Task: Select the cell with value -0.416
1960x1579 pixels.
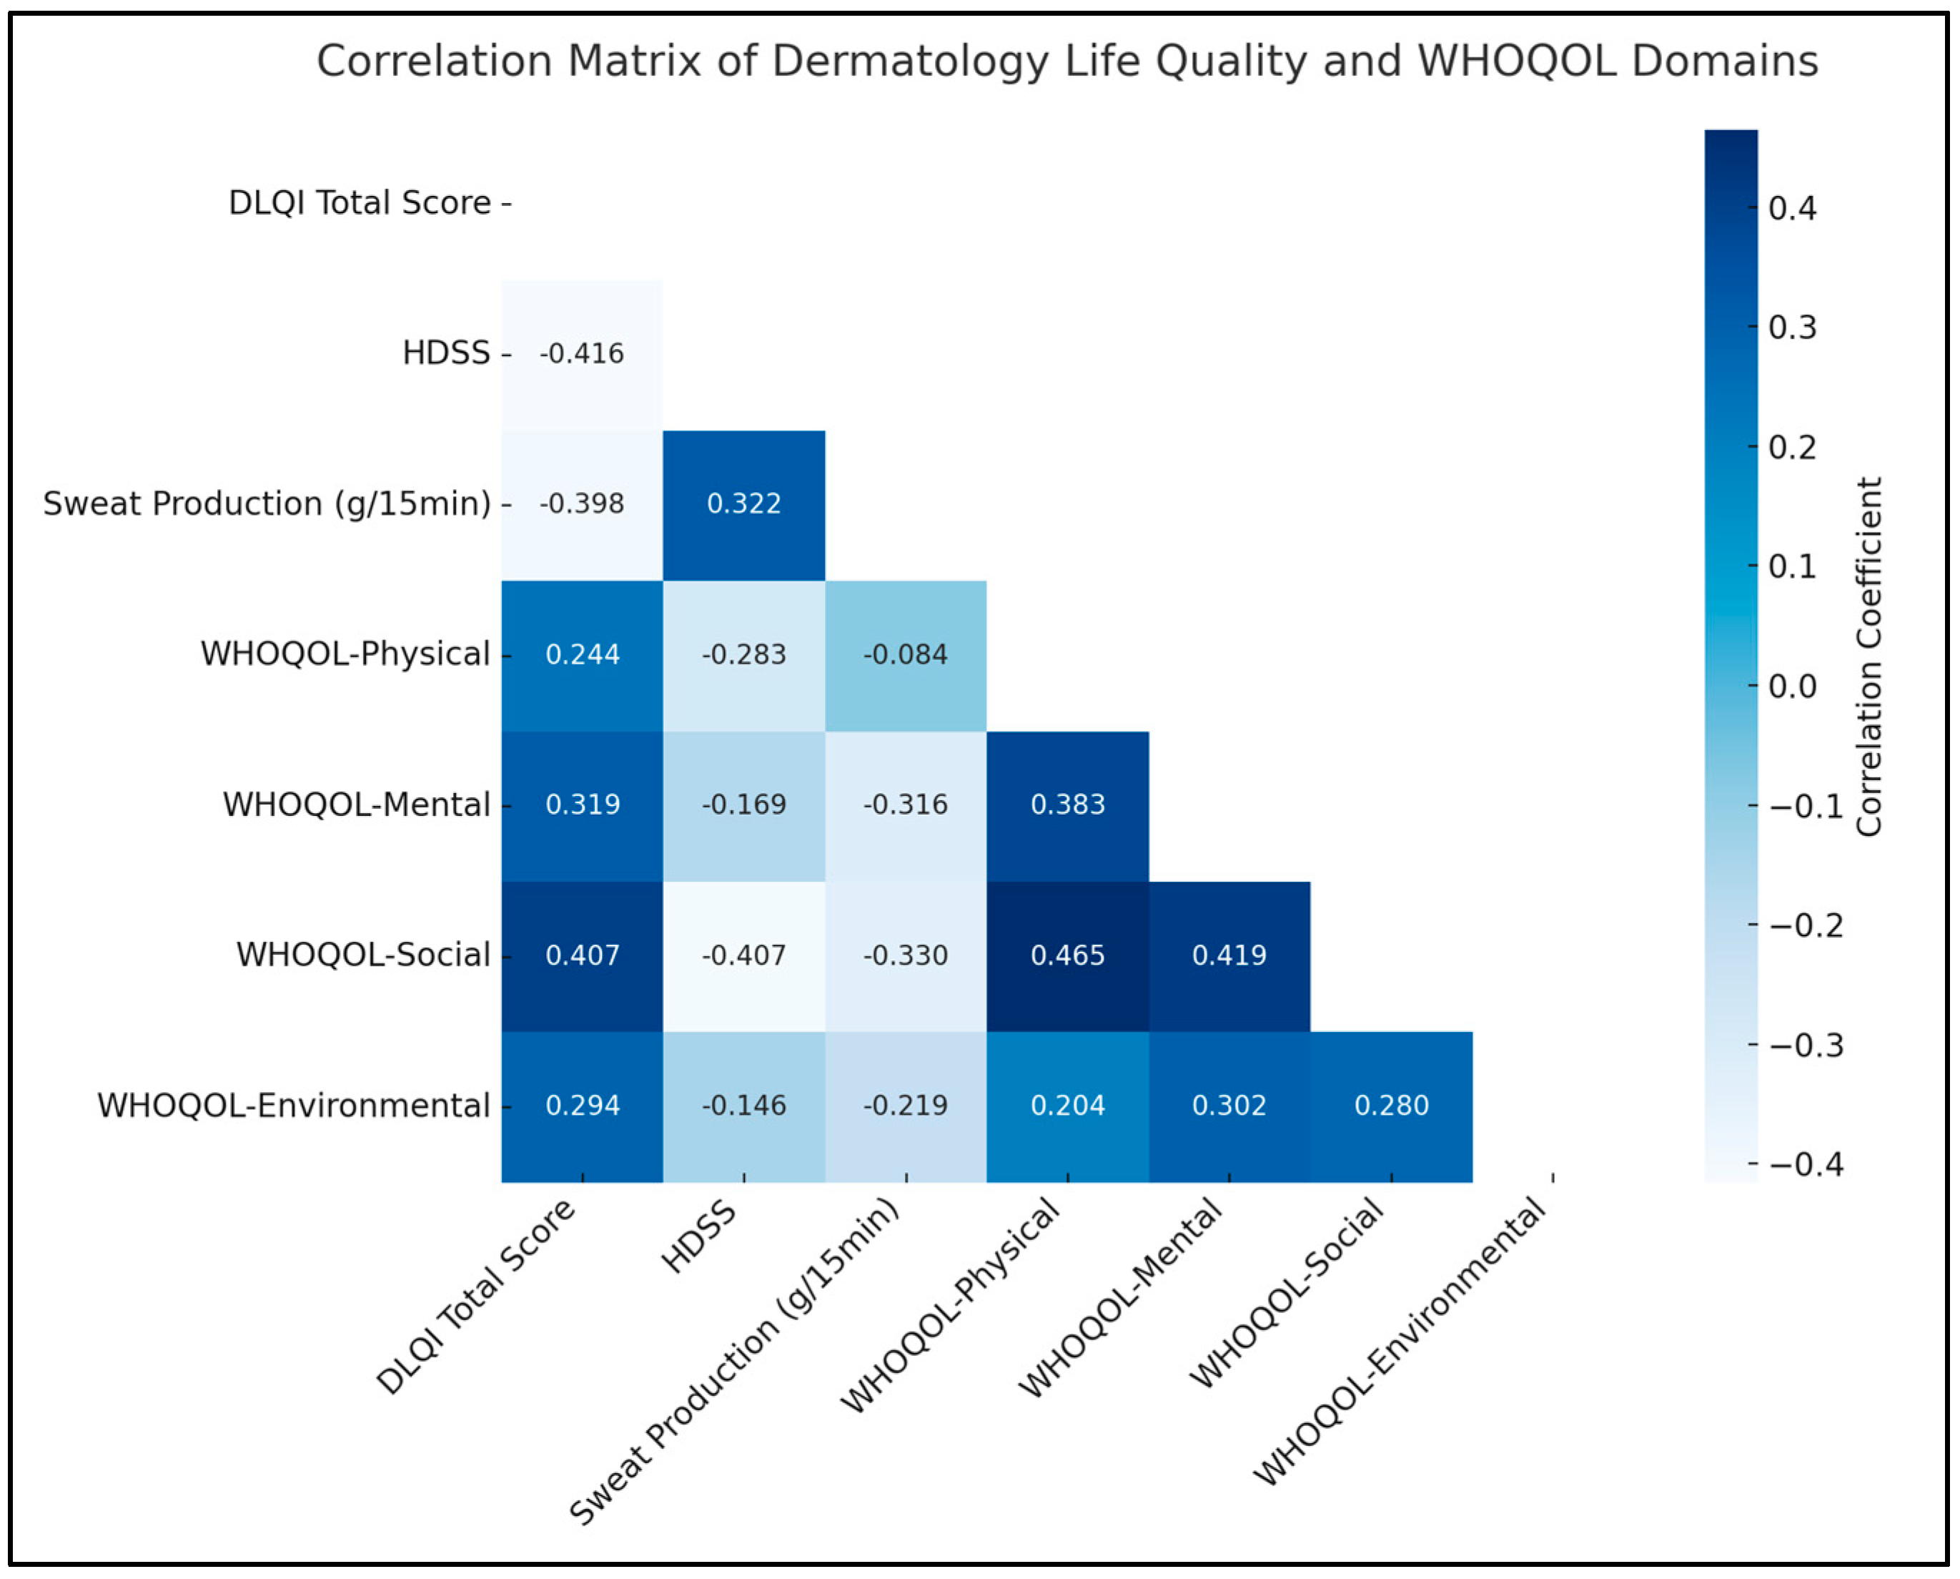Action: coord(582,354)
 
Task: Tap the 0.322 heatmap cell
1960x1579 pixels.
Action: coord(743,504)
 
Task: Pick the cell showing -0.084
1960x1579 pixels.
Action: coord(906,655)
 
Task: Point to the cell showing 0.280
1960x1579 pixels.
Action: coord(1391,1106)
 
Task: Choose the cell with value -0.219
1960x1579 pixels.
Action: coord(906,1106)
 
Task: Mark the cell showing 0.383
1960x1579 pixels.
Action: coord(1067,805)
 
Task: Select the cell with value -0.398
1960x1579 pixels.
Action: coord(582,504)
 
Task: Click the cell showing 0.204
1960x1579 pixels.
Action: coord(1067,1106)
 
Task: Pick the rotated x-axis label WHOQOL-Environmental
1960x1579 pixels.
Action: coord(1400,1342)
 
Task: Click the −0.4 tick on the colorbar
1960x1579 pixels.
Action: coord(1805,1165)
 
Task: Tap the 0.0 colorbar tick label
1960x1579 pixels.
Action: coord(1792,687)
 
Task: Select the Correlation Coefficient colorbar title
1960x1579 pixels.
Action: coord(1869,656)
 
